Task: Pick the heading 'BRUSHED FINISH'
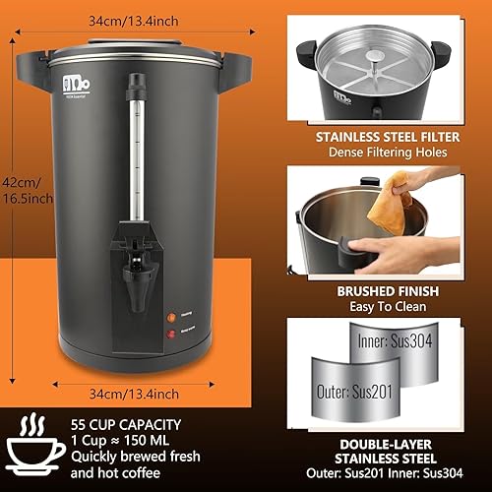pos(381,290)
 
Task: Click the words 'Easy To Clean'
pos(381,307)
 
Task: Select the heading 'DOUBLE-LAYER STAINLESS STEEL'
pos(381,451)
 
